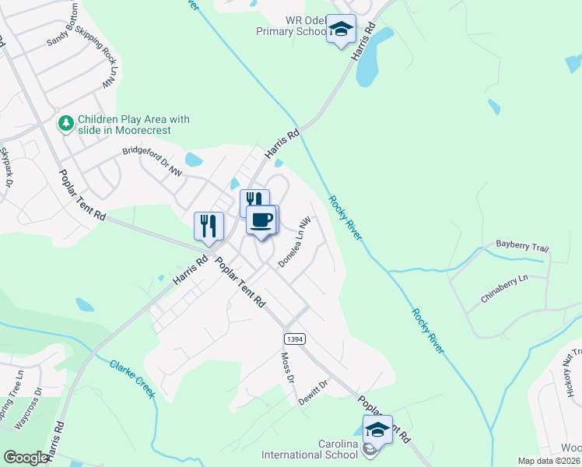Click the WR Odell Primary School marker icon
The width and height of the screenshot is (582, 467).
point(340,30)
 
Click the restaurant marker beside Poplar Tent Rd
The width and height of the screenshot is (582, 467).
point(209,226)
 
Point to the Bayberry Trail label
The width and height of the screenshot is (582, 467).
point(522,247)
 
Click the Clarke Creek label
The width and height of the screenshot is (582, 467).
point(132,379)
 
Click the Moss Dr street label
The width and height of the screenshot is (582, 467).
point(286,367)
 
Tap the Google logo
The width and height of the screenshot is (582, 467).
point(26,458)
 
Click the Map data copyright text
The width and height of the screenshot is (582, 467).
point(549,461)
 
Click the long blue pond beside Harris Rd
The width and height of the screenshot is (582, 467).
point(365,60)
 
